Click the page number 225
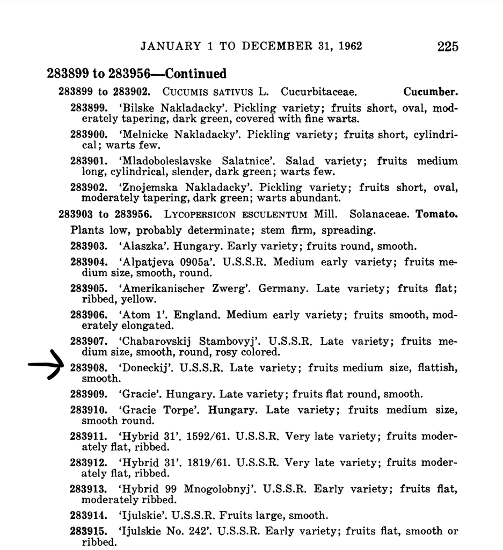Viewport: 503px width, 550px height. (448, 46)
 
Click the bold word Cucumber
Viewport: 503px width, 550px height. (431, 92)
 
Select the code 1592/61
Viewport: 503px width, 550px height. (205, 436)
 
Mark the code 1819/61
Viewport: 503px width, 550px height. (205, 462)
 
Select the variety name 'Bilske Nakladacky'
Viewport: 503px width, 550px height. (174, 108)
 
